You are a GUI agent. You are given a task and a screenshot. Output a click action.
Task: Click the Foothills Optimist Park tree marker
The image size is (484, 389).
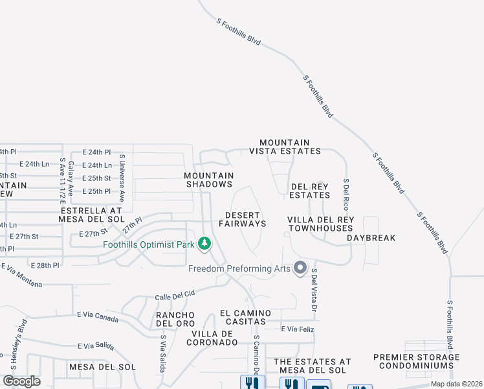pyautogui.click(x=204, y=244)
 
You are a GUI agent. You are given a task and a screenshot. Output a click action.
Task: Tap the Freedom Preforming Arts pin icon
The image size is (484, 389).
pyautogui.click(x=300, y=267)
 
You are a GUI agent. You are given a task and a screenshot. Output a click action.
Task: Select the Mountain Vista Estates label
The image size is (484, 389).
pyautogui.click(x=285, y=147)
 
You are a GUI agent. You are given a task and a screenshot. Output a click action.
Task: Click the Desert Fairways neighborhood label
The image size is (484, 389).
pyautogui.click(x=242, y=219)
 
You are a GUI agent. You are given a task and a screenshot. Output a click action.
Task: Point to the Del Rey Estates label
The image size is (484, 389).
pyautogui.click(x=309, y=191)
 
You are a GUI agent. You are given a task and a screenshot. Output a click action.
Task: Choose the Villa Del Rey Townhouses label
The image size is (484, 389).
pyautogui.click(x=321, y=224)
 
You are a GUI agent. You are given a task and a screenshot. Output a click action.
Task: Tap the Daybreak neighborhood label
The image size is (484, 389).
pyautogui.click(x=371, y=238)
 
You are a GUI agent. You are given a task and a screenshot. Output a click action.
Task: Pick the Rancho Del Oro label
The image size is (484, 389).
pyautogui.click(x=175, y=319)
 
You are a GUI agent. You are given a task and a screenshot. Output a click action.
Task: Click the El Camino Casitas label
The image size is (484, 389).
pyautogui.click(x=243, y=317)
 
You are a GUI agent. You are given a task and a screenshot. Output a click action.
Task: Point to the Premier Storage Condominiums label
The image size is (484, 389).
pyautogui.click(x=416, y=361)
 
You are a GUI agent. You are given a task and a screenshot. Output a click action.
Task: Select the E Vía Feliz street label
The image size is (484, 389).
pyautogui.click(x=298, y=329)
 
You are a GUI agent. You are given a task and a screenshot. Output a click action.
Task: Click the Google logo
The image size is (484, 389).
pyautogui.click(x=21, y=381)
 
